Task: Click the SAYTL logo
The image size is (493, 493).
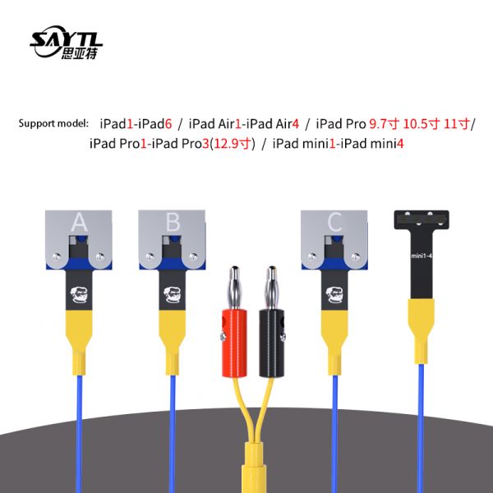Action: coord(66,42)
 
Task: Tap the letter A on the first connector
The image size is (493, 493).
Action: coord(79,222)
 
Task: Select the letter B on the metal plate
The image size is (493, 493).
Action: coord(173,222)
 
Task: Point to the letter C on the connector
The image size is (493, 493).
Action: coord(334,222)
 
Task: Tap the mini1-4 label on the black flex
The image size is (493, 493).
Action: coord(422,256)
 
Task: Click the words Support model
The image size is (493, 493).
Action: coord(53,123)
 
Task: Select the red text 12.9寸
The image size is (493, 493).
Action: coord(233,144)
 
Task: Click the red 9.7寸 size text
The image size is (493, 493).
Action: coord(384,123)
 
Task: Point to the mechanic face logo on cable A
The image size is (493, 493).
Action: coord(79,295)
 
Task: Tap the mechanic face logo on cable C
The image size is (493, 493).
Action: coord(335,295)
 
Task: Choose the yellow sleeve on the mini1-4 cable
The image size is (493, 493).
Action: coord(421,330)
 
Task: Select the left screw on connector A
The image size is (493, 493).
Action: coord(57,256)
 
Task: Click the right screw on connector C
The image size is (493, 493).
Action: coord(356,256)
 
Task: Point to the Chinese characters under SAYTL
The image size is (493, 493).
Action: coord(79,53)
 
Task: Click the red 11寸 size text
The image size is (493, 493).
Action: coord(457,123)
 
